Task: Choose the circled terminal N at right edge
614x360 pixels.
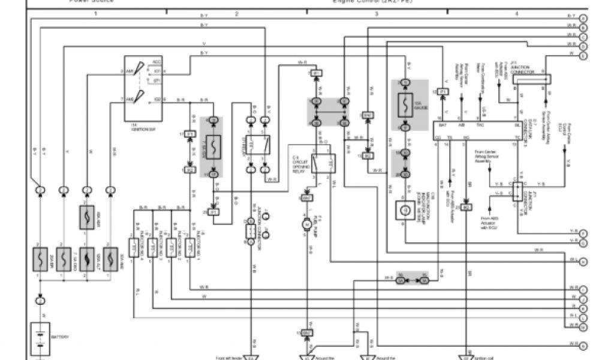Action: [583, 345]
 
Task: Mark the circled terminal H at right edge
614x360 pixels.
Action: [583, 261]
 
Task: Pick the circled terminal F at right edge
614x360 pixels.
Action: [583, 232]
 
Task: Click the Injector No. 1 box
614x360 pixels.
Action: [189, 246]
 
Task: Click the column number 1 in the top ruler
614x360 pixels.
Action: [95, 13]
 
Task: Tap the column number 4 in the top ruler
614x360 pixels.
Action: [516, 13]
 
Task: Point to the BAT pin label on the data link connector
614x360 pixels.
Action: [443, 126]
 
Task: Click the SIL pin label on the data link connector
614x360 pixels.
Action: [517, 126]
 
